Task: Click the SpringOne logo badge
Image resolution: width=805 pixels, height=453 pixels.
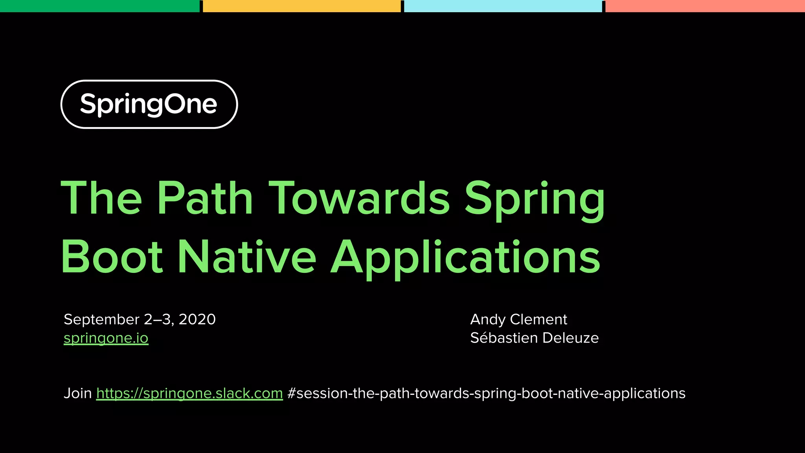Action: coord(149,104)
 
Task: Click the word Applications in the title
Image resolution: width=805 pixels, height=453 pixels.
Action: coord(465,259)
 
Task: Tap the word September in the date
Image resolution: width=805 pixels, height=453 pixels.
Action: coord(101,320)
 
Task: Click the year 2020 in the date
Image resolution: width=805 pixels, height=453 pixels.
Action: coord(197,319)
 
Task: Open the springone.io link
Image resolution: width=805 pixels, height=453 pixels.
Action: coord(106,338)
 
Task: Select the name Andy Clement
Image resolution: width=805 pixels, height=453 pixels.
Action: coord(518,320)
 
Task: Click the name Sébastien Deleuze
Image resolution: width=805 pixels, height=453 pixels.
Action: coord(534,338)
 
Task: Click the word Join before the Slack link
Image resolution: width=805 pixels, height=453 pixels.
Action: coord(77,393)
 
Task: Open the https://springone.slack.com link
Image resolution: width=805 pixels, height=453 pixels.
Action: coord(189,394)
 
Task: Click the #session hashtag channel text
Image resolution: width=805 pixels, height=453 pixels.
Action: coord(486,394)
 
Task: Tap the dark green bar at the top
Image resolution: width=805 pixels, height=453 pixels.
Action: coord(99,6)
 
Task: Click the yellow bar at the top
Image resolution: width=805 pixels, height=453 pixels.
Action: coord(301,6)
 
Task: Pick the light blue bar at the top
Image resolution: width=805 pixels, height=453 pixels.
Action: coord(503,6)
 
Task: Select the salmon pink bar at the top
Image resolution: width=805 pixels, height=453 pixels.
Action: coord(705,6)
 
